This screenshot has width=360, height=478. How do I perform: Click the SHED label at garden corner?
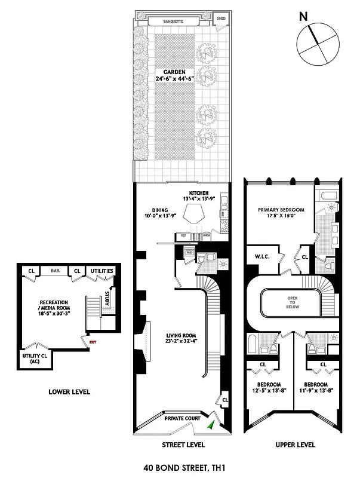(220, 18)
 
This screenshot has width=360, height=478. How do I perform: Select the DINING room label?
(159, 210)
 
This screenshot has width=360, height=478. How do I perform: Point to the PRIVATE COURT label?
(183, 419)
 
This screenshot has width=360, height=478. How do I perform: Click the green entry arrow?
(211, 425)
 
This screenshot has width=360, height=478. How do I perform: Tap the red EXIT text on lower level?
(93, 342)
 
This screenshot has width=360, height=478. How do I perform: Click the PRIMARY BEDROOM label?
(281, 210)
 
